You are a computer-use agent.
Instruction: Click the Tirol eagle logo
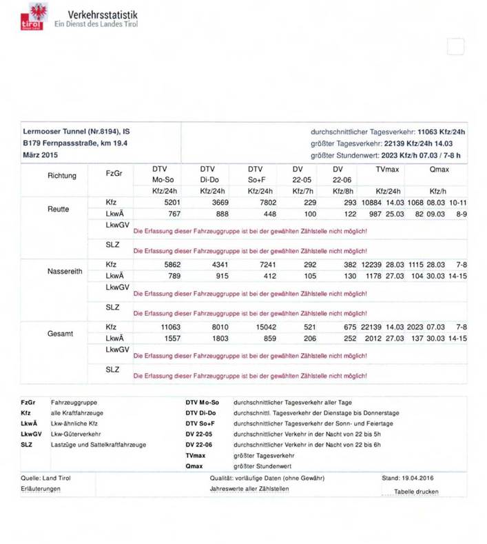click(x=34, y=17)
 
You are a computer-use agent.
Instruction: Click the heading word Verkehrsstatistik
click(x=103, y=14)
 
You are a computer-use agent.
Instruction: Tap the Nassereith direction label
click(x=65, y=271)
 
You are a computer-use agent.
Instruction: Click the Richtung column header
click(x=62, y=176)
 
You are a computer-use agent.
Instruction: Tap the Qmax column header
click(x=439, y=169)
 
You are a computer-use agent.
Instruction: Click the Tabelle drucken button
click(x=415, y=492)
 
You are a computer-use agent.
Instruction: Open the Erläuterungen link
click(x=41, y=489)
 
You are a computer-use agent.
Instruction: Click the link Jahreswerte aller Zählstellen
click(x=249, y=489)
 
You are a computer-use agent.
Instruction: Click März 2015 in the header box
click(x=40, y=155)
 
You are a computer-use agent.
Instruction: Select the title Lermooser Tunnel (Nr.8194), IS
click(x=76, y=131)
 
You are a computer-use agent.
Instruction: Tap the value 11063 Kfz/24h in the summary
click(x=442, y=131)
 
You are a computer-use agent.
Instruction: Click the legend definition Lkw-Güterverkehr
click(x=76, y=434)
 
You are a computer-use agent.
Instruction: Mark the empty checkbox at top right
click(x=455, y=47)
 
